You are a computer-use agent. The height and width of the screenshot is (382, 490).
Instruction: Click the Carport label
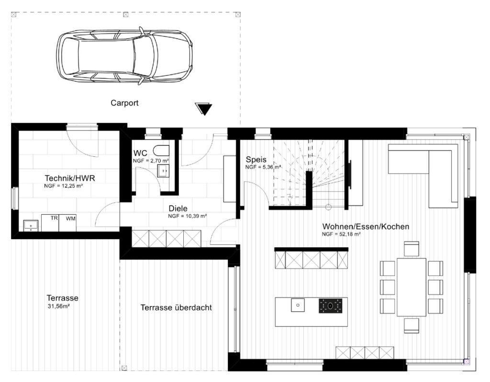coord(124,103)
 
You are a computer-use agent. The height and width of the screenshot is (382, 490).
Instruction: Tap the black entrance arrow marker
coord(203,109)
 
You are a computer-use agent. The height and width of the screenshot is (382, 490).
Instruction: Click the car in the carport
coord(124,55)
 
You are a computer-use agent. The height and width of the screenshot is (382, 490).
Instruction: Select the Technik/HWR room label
coord(70,178)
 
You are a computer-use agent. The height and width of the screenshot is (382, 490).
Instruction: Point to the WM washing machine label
coord(71,218)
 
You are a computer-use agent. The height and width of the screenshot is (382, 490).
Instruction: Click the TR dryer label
coord(54,218)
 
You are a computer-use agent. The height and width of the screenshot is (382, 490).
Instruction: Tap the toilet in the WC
coord(161,150)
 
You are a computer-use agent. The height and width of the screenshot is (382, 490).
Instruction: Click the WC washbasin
coord(164,171)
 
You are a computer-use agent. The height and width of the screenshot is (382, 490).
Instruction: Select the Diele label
coord(178,208)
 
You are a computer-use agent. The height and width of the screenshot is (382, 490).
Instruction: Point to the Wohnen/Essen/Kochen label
coord(366,226)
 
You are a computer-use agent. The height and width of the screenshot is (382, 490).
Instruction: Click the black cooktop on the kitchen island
coord(330,306)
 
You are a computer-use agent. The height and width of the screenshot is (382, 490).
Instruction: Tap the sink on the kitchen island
coord(298,305)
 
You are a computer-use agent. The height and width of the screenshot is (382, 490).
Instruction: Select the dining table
coord(412,287)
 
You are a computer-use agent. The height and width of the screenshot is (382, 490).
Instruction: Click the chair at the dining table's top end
coord(412,249)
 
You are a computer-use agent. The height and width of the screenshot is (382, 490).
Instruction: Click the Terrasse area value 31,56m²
coord(58,306)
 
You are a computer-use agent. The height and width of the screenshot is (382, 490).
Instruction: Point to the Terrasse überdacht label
coord(176,308)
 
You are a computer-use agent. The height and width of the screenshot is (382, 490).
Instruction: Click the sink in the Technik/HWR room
coord(31,226)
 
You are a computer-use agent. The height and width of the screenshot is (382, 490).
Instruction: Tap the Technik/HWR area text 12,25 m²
coord(64,186)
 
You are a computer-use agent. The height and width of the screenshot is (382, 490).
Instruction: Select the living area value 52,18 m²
coord(342,234)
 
